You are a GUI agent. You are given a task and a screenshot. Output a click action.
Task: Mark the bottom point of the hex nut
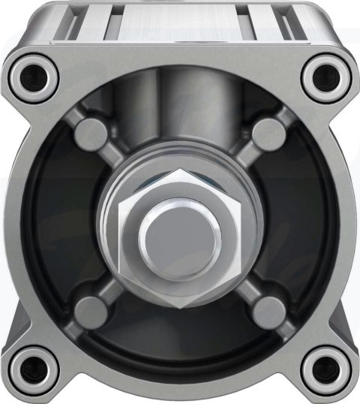[x=180, y=307]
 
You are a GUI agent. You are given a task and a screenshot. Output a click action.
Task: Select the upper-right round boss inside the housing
[x=268, y=134]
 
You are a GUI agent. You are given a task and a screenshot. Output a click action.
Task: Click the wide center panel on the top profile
[x=180, y=23]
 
